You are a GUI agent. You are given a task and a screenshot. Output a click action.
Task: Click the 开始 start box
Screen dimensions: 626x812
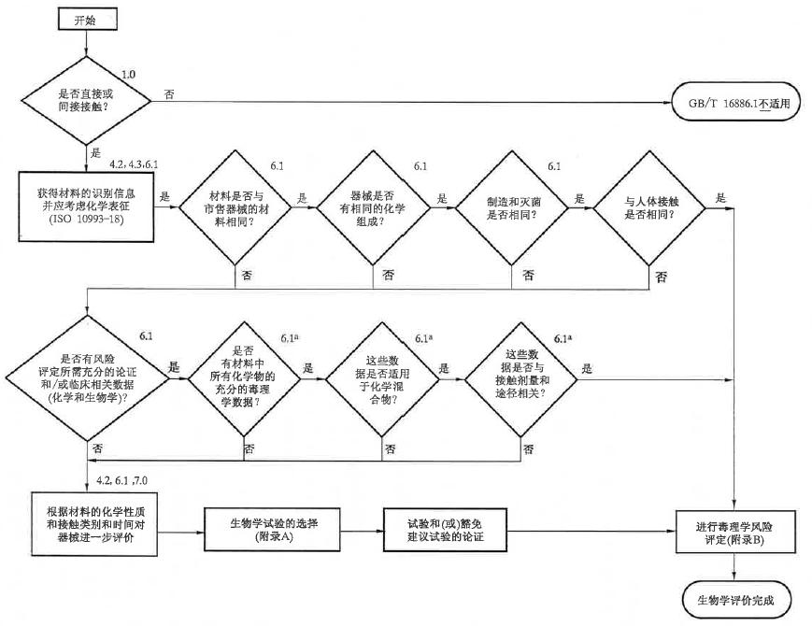88,17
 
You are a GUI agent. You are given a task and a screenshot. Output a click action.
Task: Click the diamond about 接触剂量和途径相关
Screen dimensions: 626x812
523,374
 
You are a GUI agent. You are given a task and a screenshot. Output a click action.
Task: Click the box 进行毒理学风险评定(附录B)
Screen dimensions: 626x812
738,529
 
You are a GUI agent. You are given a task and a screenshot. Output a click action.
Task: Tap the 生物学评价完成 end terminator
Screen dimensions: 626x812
736,598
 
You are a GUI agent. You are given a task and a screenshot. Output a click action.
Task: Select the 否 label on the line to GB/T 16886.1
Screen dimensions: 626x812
168,94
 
